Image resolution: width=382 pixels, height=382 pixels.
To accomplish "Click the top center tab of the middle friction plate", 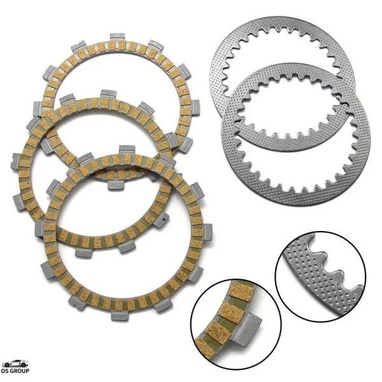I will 108,95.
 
